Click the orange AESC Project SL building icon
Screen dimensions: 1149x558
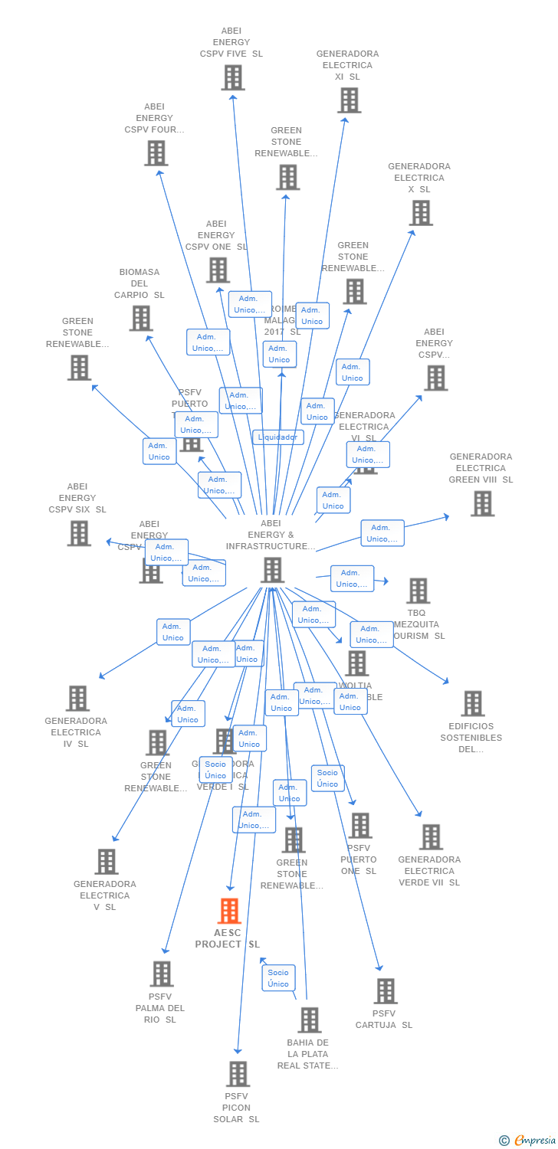tap(229, 911)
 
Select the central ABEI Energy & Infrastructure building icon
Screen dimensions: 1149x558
tap(272, 570)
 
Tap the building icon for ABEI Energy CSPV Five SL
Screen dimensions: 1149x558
tap(233, 77)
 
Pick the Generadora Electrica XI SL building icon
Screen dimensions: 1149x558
tap(349, 100)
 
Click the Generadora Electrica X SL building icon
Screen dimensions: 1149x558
tap(421, 213)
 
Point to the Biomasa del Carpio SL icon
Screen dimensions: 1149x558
tap(141, 318)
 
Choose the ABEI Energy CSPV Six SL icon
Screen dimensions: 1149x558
tap(79, 533)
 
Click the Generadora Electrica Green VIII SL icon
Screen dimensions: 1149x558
tap(482, 503)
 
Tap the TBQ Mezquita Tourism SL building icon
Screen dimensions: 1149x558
tap(419, 591)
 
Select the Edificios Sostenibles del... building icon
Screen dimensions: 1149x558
tap(472, 703)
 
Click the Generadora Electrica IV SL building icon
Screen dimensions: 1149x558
tap(77, 698)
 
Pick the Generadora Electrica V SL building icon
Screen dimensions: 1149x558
tap(107, 861)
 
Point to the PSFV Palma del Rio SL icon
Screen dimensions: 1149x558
tap(162, 974)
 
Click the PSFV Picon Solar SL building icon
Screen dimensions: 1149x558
tap(238, 1073)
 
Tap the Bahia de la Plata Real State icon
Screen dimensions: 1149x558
tap(310, 1020)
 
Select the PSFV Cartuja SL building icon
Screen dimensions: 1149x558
tap(386, 990)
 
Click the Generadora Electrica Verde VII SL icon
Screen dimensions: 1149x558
tap(431, 836)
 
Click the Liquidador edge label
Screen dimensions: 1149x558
tap(278, 437)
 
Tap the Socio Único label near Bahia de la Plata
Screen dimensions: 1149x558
tap(278, 978)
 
